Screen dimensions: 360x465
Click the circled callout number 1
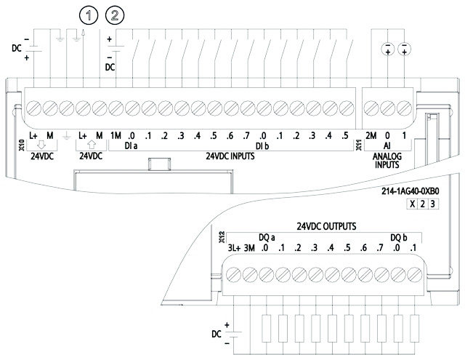click(88, 14)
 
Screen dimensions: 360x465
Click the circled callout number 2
click(116, 14)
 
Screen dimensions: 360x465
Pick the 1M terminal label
click(116, 135)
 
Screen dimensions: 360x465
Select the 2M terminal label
click(371, 135)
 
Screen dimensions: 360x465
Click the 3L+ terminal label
click(234, 248)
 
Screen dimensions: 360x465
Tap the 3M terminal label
click(251, 248)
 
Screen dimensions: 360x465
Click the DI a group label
click(132, 146)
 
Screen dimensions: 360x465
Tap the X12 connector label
click(222, 236)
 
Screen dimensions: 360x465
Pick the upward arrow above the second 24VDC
click(91, 145)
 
